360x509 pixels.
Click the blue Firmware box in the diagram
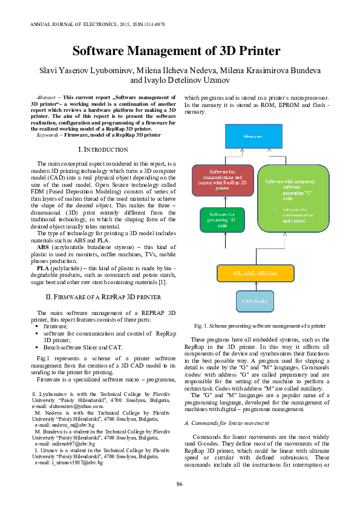pos(253,137)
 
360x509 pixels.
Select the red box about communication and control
pos(223,180)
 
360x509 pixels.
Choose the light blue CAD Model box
pos(255,300)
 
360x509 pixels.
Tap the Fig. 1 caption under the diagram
pos(260,325)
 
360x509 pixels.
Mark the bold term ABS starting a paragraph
pos(43,247)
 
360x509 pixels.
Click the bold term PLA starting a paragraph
pos(43,268)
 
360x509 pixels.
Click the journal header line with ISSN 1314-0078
pos(97,24)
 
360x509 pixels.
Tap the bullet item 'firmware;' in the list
pos(56,326)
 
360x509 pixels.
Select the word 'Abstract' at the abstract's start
pos(47,97)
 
